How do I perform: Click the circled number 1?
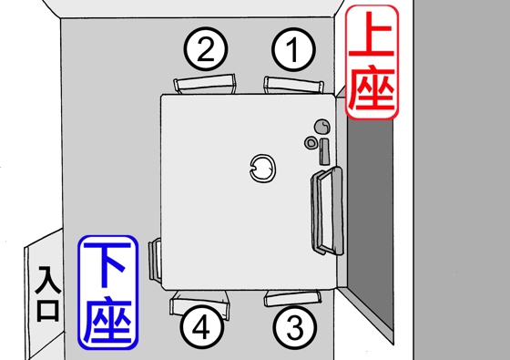(292, 49)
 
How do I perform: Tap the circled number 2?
(206, 49)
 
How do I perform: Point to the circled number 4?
(206, 325)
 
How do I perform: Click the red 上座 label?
(372, 63)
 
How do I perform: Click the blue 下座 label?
(107, 293)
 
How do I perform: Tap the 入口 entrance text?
(46, 294)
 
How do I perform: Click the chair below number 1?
(294, 85)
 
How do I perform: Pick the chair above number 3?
(292, 296)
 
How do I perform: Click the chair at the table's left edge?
(157, 262)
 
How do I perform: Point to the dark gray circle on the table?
(321, 126)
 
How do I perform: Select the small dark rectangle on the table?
(324, 149)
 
